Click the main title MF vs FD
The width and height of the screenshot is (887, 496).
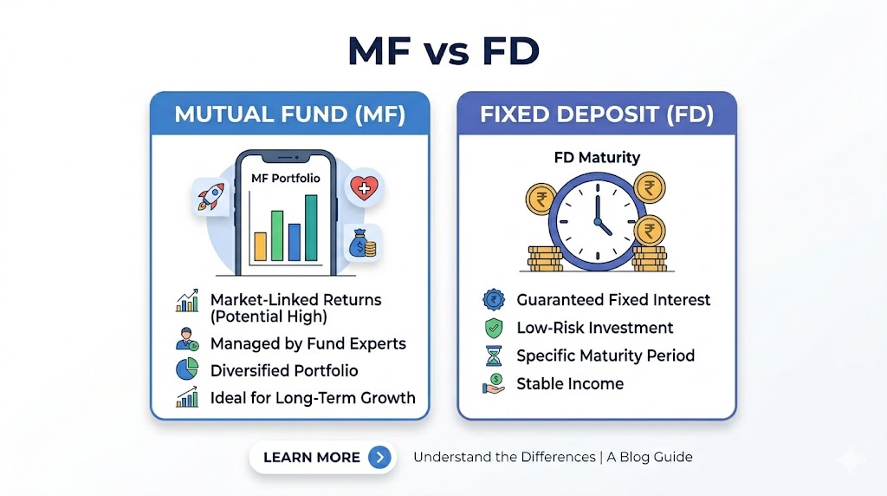click(x=443, y=51)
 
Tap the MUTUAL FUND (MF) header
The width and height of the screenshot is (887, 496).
click(x=289, y=114)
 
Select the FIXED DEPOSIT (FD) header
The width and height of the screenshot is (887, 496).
click(x=597, y=114)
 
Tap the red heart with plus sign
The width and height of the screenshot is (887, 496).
click(x=364, y=188)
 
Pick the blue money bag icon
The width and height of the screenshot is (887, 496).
click(x=362, y=243)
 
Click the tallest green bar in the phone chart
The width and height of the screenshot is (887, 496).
click(x=311, y=227)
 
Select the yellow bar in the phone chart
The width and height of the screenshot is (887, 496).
click(x=260, y=246)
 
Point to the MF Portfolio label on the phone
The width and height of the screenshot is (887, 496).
click(x=286, y=179)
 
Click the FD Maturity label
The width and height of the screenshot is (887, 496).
click(x=597, y=158)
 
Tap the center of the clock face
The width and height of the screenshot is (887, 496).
click(x=598, y=221)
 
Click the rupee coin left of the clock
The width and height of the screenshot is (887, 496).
click(x=541, y=199)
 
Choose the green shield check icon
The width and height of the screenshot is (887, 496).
click(x=494, y=328)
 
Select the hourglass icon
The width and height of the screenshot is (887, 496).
click(x=494, y=356)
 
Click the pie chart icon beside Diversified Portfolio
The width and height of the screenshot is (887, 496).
click(x=187, y=369)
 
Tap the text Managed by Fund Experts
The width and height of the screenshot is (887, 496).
click(x=308, y=343)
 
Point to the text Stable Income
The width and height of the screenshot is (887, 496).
click(x=570, y=384)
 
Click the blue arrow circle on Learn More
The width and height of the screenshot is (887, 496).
click(x=379, y=457)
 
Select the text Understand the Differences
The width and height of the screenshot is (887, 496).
click(x=505, y=457)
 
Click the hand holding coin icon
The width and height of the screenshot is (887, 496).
click(x=493, y=383)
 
